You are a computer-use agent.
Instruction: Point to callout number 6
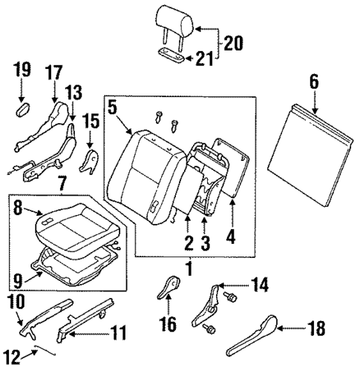(314, 83)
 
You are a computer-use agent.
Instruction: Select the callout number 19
(22, 71)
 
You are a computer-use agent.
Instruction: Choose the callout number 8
(19, 211)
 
